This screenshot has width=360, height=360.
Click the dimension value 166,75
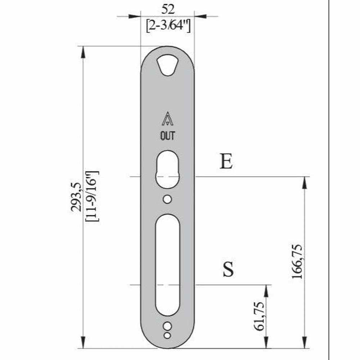pos(297,262)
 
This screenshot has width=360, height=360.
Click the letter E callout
pos(226,162)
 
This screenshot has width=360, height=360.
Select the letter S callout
pos(228,269)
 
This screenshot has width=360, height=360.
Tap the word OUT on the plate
pos(167,136)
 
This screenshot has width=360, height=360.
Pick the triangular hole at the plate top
pos(167,65)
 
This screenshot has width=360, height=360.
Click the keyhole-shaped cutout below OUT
pos(167,170)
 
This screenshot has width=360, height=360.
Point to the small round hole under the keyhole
pos(167,199)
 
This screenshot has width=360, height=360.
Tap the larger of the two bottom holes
pos(167,326)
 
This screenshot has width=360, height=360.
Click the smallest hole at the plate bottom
pos(167,336)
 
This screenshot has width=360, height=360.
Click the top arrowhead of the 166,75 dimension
pos(305,182)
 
